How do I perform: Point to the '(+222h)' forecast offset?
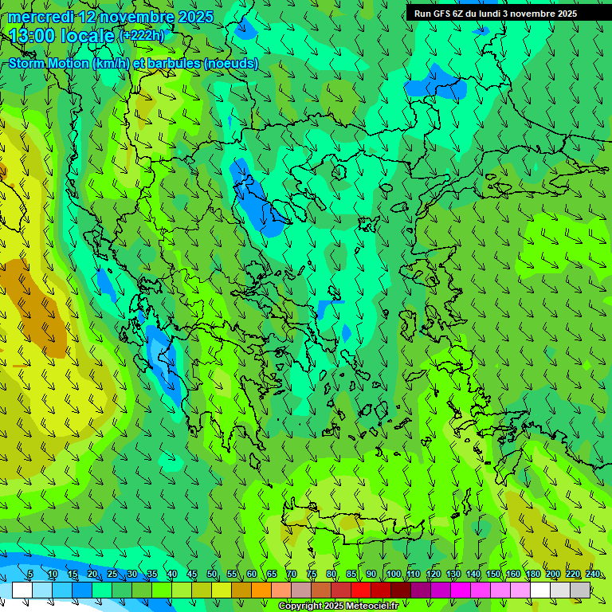(141, 36)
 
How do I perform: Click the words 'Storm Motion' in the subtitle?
(48, 63)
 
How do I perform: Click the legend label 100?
(394, 575)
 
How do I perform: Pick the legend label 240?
(592, 575)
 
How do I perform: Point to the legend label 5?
(30, 575)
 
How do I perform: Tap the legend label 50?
(212, 575)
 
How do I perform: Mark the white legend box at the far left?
(22, 590)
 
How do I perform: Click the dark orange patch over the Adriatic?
(32, 307)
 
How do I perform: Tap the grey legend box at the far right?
(580, 590)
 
